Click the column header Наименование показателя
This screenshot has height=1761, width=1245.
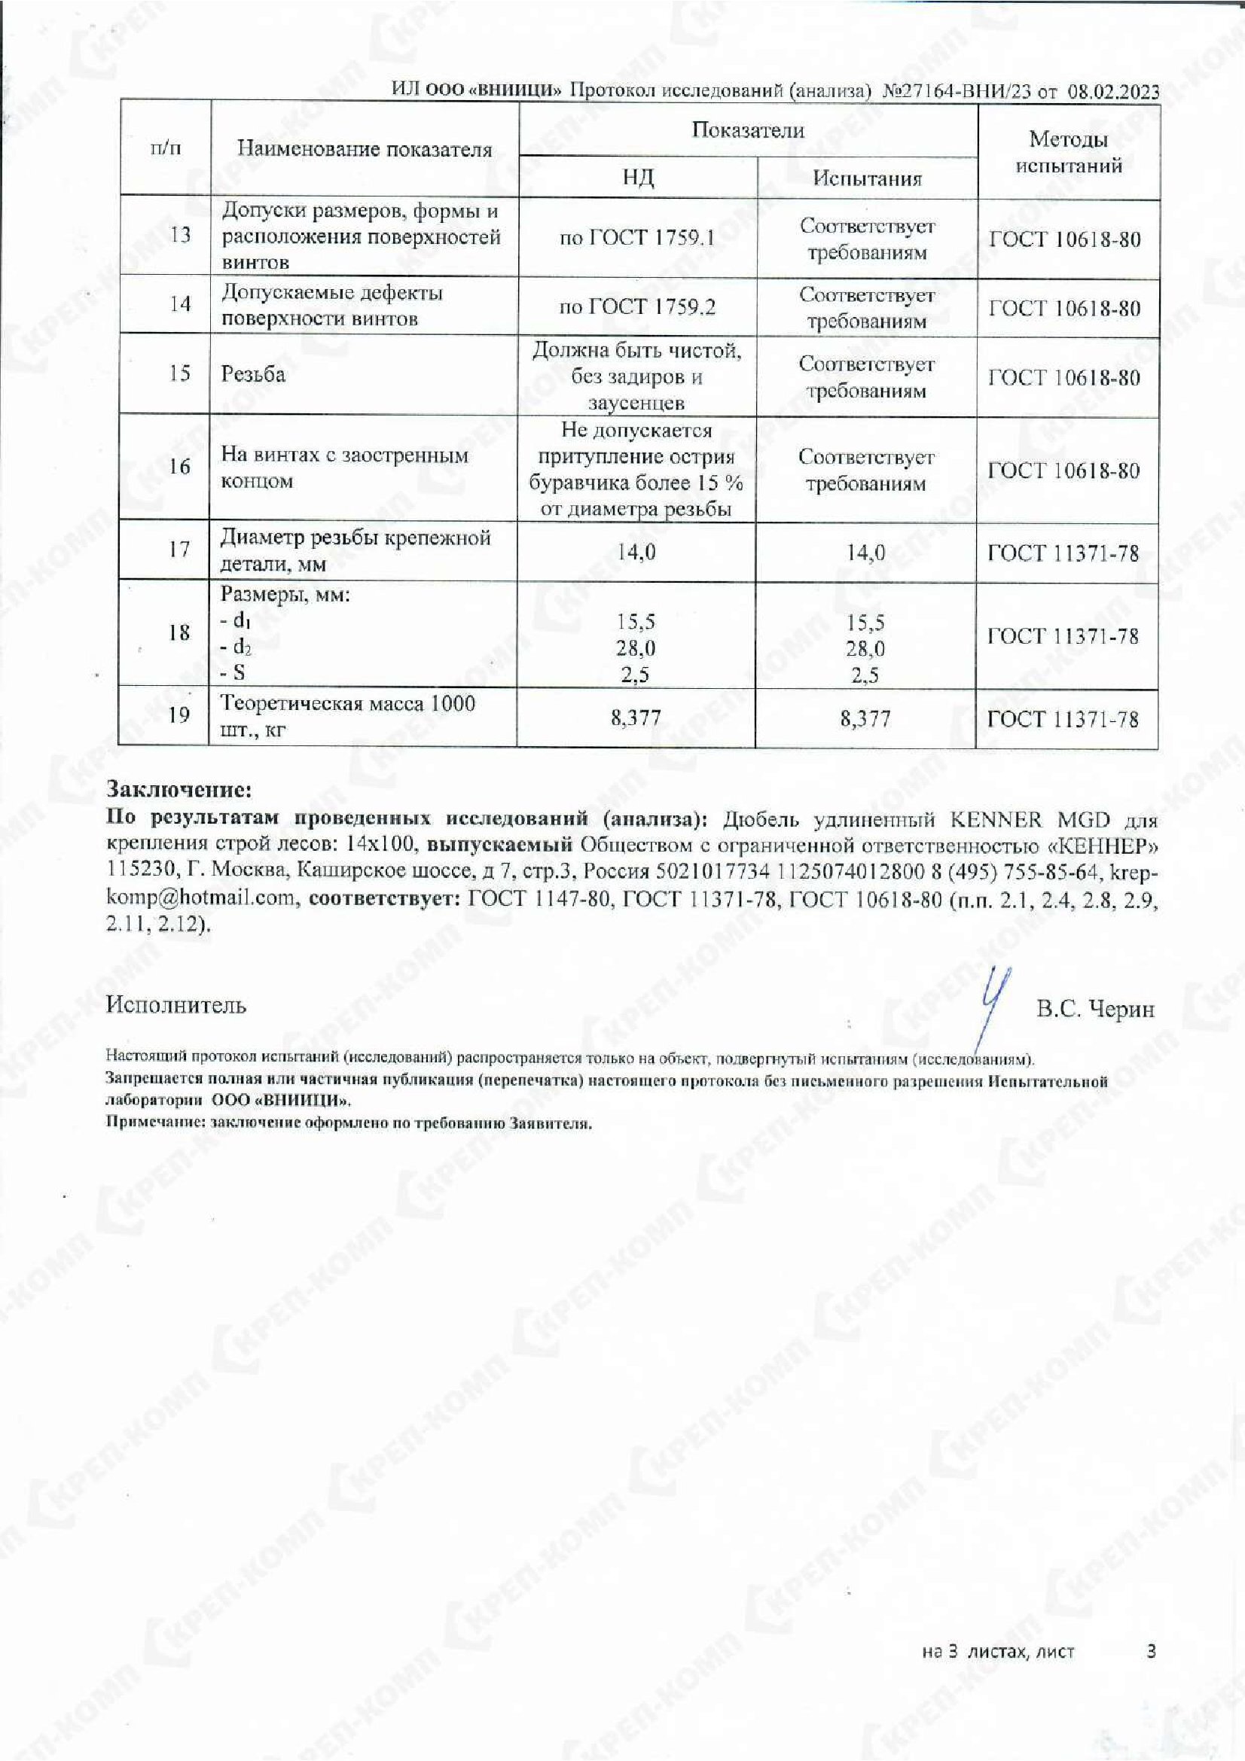(x=365, y=150)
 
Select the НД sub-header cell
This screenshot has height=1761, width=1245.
(x=637, y=178)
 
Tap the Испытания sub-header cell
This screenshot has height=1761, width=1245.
(x=867, y=178)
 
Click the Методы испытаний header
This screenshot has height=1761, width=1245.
(x=1068, y=152)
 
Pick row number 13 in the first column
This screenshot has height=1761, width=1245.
(x=179, y=235)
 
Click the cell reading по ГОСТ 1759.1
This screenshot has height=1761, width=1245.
(x=636, y=238)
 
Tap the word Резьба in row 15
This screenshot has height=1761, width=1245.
(x=253, y=374)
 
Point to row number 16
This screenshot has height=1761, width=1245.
(x=179, y=466)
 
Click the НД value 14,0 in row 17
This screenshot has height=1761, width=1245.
(x=636, y=552)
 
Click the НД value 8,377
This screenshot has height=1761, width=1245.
(x=636, y=718)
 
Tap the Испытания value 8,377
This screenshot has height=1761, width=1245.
(x=865, y=719)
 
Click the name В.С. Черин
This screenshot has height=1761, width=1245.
(x=1094, y=1010)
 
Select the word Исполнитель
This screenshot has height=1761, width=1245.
(x=176, y=1005)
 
